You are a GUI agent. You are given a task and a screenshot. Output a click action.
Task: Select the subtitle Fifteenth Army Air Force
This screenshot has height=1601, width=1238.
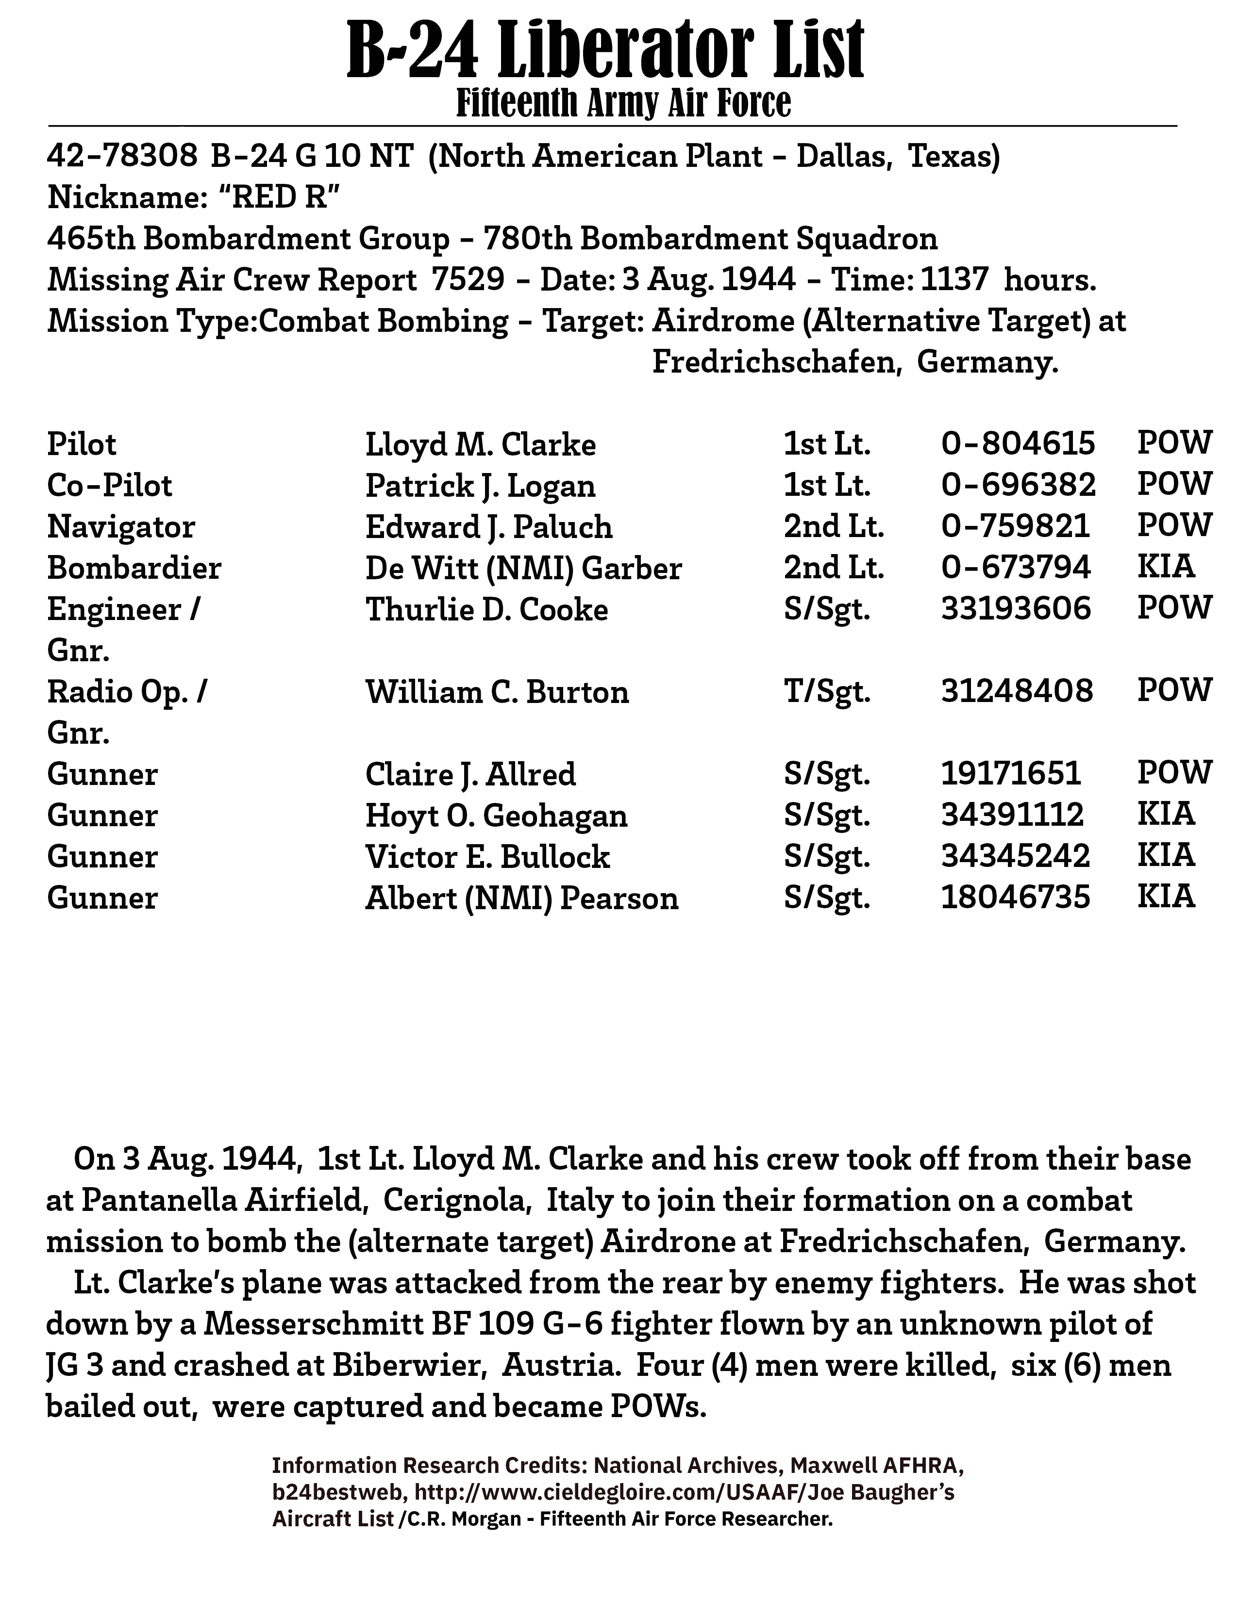point(623,103)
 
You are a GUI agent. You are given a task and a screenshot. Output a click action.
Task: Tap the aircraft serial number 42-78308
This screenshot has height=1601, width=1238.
point(122,157)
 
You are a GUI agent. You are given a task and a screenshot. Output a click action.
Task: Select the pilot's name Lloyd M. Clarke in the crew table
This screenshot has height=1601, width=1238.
point(480,445)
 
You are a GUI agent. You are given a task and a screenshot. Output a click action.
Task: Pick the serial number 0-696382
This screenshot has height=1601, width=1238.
point(1018,485)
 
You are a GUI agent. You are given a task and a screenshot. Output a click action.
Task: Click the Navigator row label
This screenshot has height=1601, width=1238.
point(121,527)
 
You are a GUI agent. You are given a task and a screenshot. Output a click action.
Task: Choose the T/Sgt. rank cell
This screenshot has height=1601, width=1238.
point(827,692)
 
